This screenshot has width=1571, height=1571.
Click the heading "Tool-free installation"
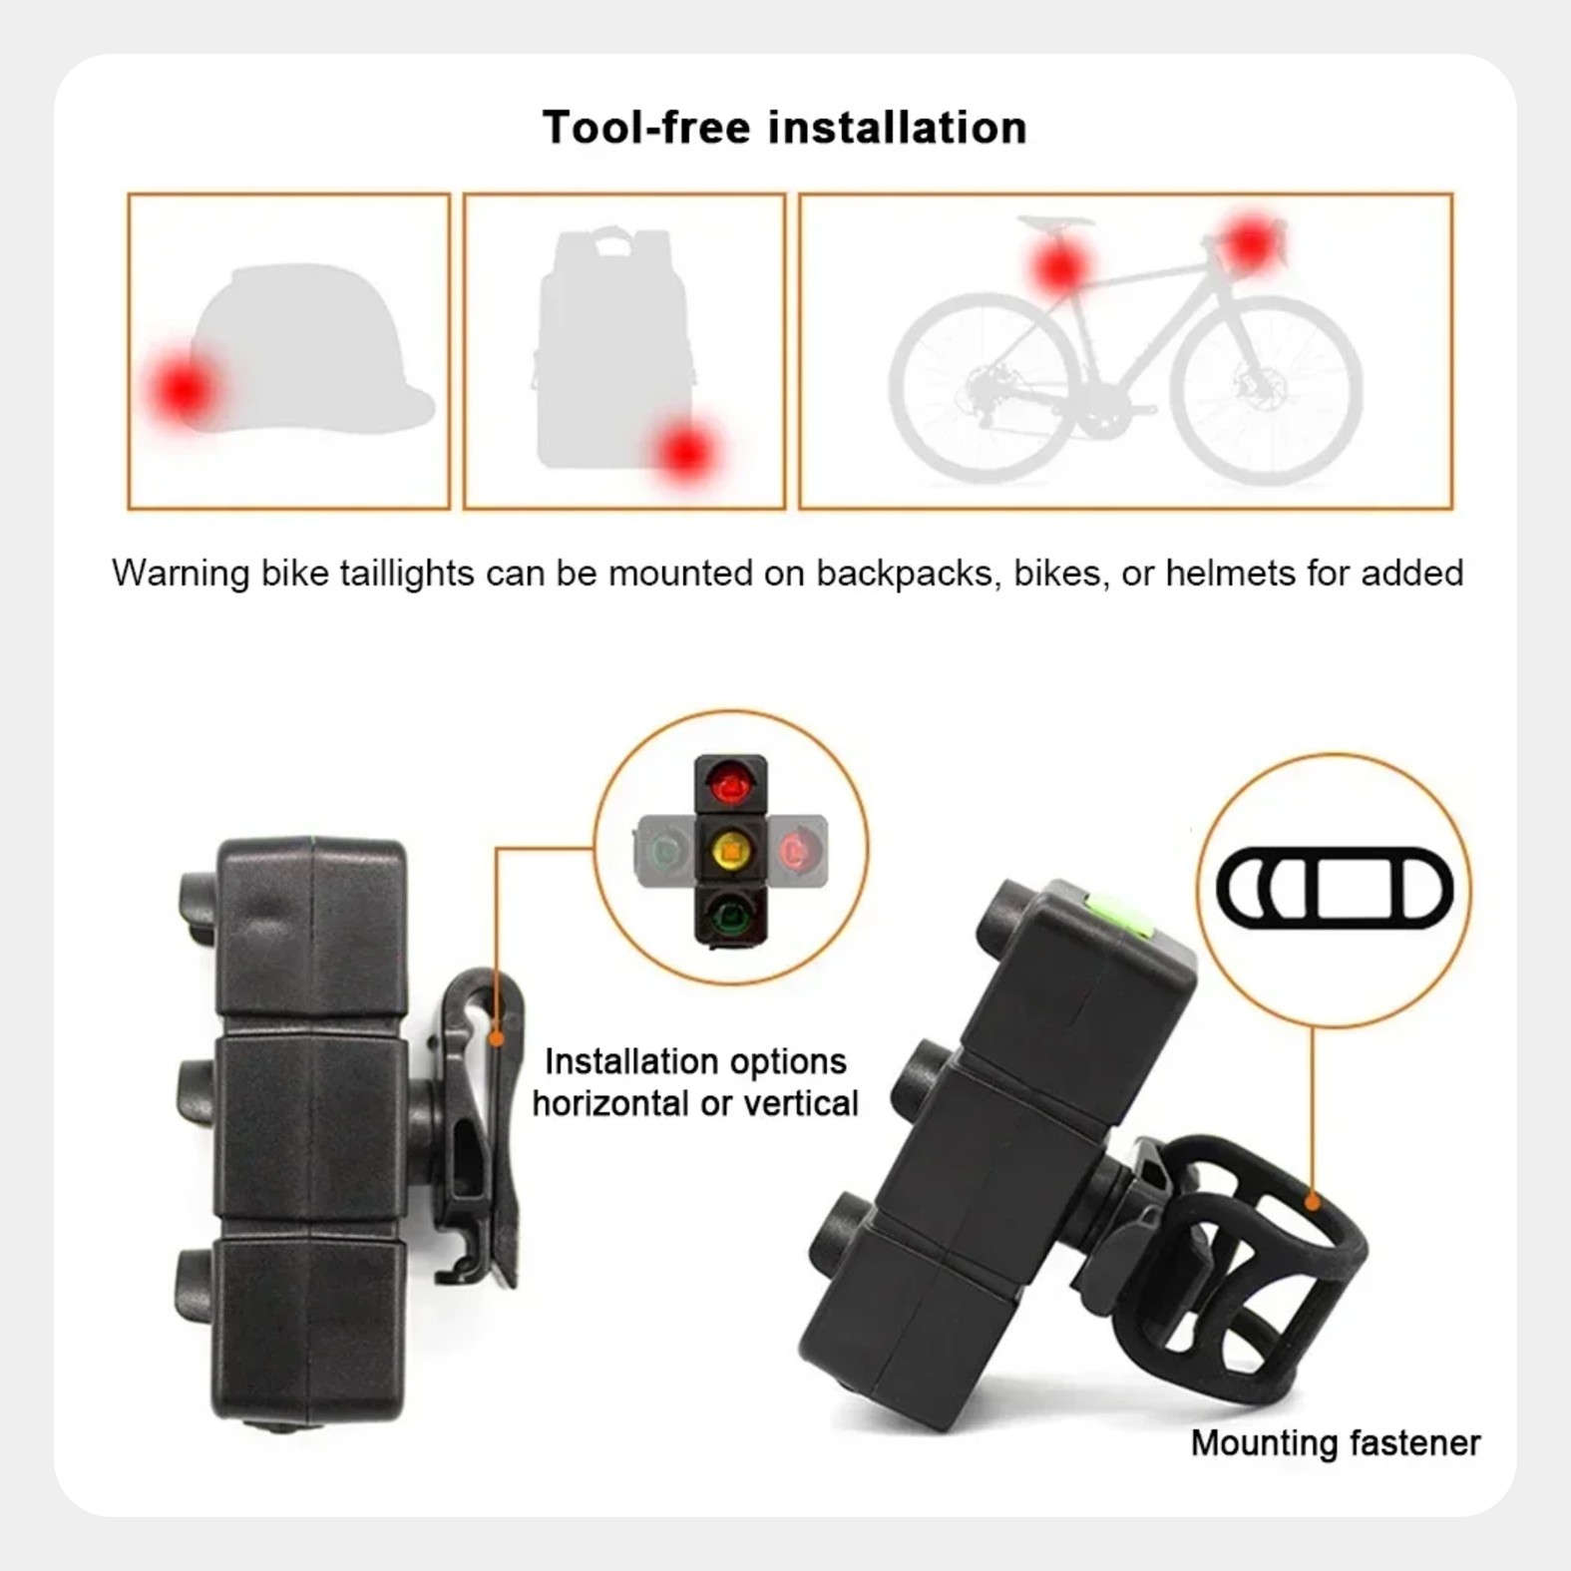pos(784,128)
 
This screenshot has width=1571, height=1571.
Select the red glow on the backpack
pos(686,453)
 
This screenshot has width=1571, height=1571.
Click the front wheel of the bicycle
pos(1266,388)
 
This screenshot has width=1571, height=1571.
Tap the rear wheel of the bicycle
pos(983,388)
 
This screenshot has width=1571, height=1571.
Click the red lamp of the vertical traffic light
pos(730,786)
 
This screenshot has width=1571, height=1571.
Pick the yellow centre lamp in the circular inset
pos(731,850)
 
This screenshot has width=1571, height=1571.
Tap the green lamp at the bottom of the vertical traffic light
pos(730,913)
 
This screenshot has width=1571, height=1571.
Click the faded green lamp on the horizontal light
pos(664,851)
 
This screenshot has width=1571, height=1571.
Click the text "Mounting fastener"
pos(1336,1442)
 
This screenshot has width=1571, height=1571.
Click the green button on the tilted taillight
pos(1117,914)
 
